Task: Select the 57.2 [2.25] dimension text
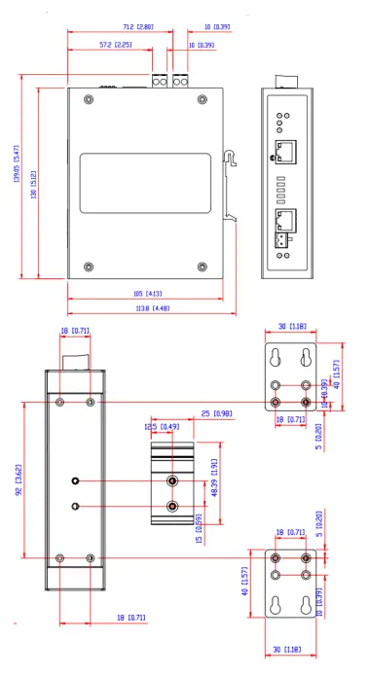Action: (x=118, y=45)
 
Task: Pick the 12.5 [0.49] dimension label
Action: (x=156, y=426)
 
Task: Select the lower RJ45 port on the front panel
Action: (x=289, y=223)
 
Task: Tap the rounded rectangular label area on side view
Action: (x=145, y=184)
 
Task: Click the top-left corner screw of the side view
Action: (x=89, y=98)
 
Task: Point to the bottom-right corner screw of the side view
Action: (x=203, y=266)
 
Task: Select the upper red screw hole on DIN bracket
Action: (x=172, y=480)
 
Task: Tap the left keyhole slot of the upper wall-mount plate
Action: (x=277, y=356)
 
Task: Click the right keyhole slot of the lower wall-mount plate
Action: (x=308, y=603)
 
